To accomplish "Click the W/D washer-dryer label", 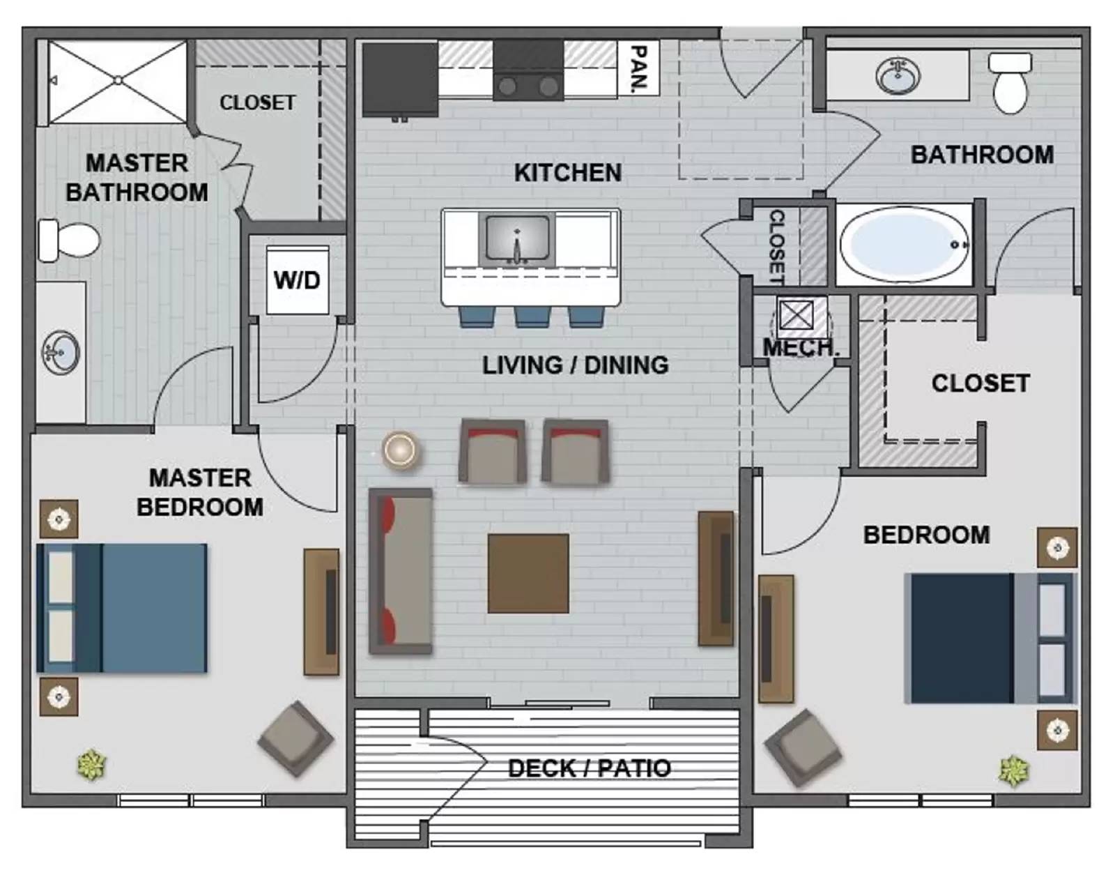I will click(x=297, y=280).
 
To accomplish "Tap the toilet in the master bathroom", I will click(x=68, y=241).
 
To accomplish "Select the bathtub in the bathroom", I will click(x=905, y=244).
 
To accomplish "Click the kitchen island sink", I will click(x=516, y=239).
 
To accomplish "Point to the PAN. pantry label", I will click(x=638, y=68).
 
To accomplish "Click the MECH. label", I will click(x=799, y=347).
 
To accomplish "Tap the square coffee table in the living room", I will click(x=528, y=573).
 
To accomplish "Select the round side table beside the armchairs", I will click(x=400, y=450).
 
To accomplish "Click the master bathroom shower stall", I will click(x=117, y=82).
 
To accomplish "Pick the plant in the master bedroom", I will click(x=91, y=764).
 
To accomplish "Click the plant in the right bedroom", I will click(x=1013, y=771).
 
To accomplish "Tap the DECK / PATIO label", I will click(x=589, y=768).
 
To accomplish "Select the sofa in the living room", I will click(x=401, y=570).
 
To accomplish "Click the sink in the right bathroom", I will click(x=898, y=75).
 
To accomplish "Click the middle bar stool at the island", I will click(x=532, y=317).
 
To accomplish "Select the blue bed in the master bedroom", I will click(x=122, y=608).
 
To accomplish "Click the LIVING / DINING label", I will click(x=575, y=365).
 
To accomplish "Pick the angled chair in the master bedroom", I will click(x=295, y=739).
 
